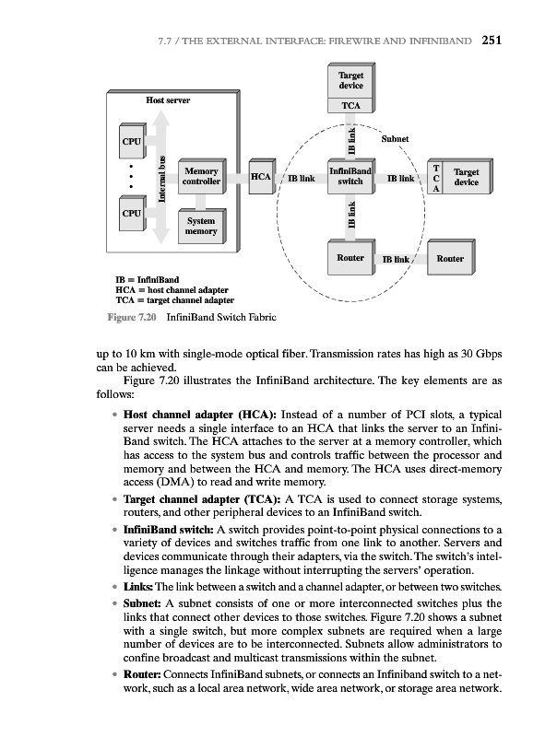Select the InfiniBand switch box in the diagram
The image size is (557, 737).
350,176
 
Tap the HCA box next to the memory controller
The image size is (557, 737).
260,176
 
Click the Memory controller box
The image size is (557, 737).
201,176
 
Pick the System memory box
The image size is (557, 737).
201,226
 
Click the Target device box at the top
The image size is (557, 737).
350,80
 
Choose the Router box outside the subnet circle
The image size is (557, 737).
450,259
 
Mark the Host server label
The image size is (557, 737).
168,99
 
